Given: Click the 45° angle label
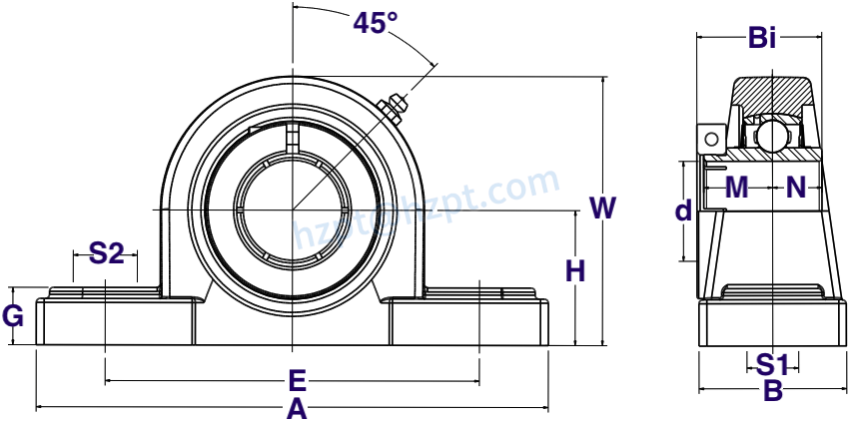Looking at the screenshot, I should tap(375, 23).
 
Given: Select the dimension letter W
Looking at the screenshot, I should tap(602, 209).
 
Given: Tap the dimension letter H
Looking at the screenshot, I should tap(575, 270).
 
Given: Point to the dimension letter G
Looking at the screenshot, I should tap(13, 317).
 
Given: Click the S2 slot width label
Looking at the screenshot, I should tap(106, 253).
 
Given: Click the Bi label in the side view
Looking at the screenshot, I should tap(761, 39).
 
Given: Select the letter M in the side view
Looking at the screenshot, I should tap(736, 187).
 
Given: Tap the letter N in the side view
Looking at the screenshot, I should tap(796, 187).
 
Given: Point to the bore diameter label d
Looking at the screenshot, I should tap(683, 211).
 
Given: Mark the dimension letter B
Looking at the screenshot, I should tap(772, 391).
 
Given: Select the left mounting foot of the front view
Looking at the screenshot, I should tap(115, 321).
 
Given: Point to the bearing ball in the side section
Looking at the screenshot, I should tap(770, 131).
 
